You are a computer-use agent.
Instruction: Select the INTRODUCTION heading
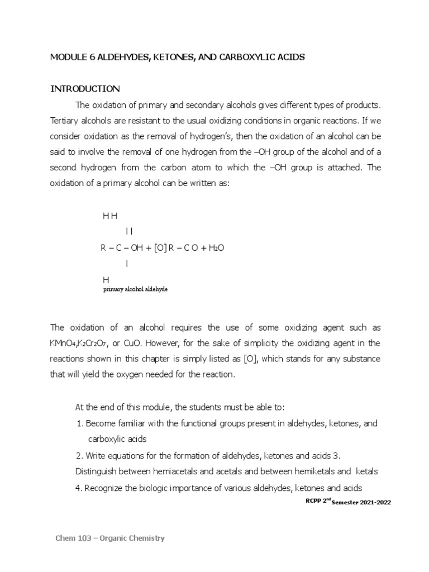tap(85, 89)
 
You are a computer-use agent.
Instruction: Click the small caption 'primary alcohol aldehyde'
tap(136, 290)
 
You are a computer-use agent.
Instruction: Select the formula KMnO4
tap(66, 343)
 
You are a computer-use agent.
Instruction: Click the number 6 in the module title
tap(87, 58)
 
